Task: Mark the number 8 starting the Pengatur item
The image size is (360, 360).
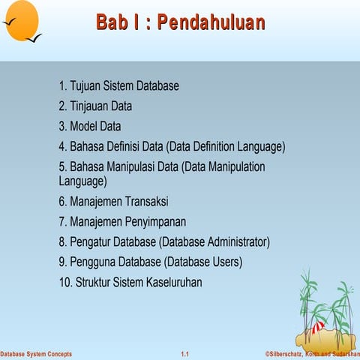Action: [x=62, y=242]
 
